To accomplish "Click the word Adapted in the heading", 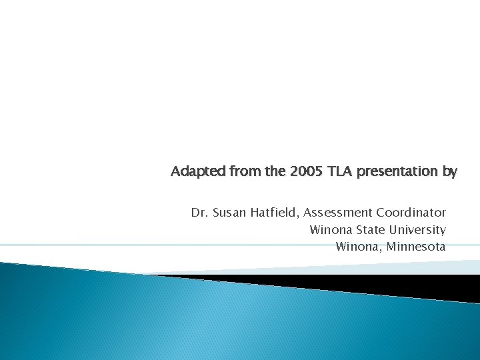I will click(199, 171).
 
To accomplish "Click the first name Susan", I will click(229, 213).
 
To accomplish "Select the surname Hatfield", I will click(275, 213).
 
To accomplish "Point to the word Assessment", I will click(338, 213).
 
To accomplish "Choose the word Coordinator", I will click(411, 213).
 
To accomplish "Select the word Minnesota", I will click(416, 247).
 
